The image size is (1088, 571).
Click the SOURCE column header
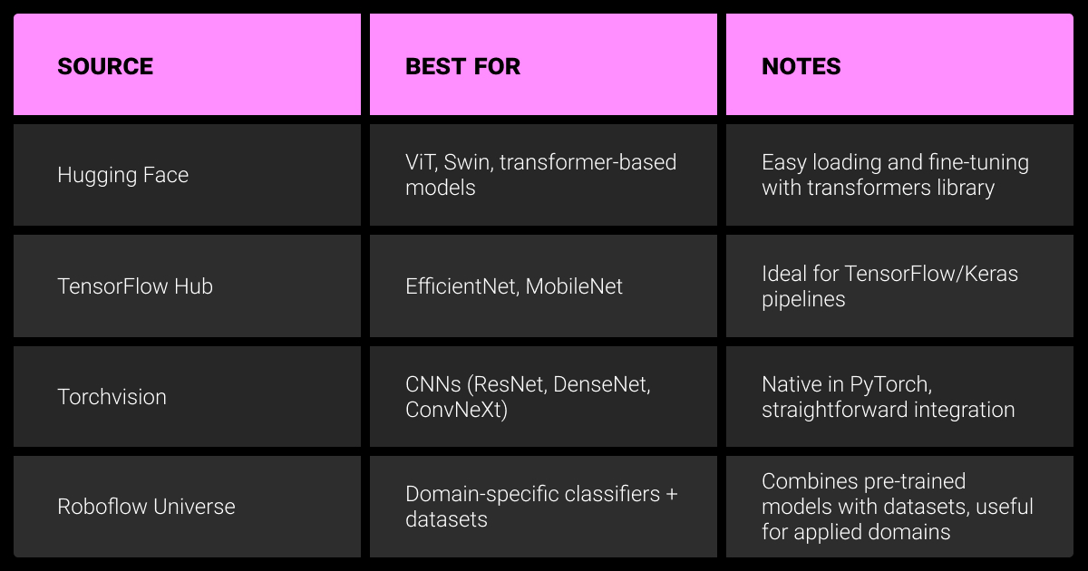105,66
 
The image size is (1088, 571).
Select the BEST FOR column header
463,66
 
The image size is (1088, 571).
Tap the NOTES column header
801,66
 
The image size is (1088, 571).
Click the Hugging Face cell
123,175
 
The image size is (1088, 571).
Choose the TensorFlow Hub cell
135,286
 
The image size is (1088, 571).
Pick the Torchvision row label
112,397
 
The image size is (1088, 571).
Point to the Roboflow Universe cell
146,507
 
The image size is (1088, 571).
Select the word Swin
468,162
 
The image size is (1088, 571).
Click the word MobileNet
574,286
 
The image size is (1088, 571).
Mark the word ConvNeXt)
457,411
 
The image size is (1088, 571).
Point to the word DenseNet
601,385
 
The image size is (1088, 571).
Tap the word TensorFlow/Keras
931,274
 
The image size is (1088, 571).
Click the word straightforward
835,411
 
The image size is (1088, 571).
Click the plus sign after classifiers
672,495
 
